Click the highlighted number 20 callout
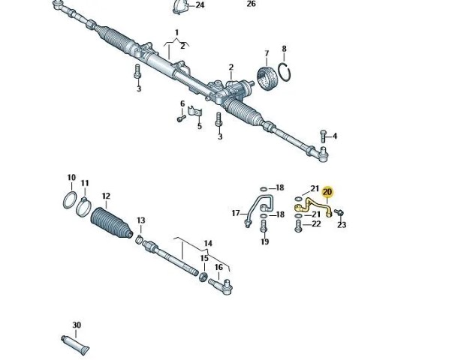point(327,192)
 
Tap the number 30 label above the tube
point(77,325)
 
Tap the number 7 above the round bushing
point(266,53)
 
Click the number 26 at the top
point(251,4)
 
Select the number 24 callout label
point(199,5)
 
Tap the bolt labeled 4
point(323,136)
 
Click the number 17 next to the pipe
point(235,214)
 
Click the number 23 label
point(342,225)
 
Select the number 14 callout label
point(208,244)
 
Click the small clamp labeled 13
point(140,239)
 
